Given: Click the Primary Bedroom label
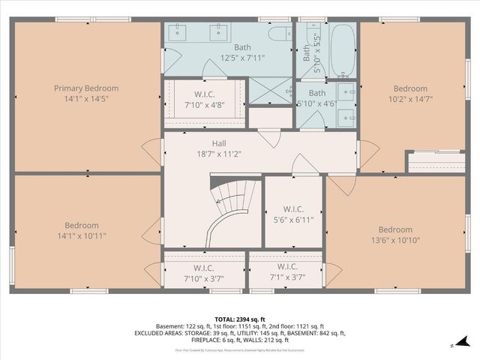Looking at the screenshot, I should click(86, 88).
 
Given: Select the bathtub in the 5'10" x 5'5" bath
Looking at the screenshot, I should click(343, 51).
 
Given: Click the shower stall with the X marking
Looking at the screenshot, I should click(269, 91).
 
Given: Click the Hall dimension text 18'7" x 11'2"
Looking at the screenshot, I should click(219, 154).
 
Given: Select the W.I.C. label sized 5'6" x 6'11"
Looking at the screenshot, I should click(293, 208).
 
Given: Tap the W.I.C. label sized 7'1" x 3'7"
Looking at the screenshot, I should click(287, 266).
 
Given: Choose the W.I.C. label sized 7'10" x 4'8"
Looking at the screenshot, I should click(202, 94).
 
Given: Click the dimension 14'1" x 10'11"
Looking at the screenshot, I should click(81, 236).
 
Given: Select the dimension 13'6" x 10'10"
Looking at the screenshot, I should click(395, 240).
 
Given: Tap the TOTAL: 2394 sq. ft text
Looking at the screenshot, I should click(239, 319).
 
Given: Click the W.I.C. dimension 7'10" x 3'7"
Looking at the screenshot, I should click(202, 277).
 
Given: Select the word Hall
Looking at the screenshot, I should click(219, 143).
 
